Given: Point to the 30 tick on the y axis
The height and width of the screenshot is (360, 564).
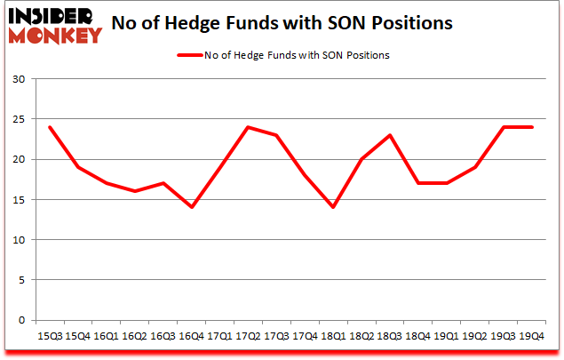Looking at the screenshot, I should pos(20,79).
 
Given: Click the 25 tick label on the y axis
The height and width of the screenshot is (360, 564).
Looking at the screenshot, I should pos(20,119).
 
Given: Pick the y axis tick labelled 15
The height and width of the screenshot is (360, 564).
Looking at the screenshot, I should pos(20,200).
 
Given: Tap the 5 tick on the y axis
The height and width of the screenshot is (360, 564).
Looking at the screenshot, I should pos(22,280).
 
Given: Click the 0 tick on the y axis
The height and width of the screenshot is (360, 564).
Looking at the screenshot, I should pos(22,320).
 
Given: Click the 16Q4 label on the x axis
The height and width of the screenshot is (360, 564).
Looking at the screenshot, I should pos(191,336).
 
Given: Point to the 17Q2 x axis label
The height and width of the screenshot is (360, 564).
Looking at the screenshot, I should pos(247,336).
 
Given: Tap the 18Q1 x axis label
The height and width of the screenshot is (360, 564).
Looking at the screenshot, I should pos(332,336).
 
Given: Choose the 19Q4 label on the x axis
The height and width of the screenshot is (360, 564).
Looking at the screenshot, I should pos(531,336).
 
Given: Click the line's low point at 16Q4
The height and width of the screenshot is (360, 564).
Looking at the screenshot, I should pos(191,207).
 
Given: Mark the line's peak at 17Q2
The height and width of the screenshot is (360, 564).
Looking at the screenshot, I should pos(247,127).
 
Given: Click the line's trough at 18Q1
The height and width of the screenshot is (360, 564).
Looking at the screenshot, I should pos(332,207).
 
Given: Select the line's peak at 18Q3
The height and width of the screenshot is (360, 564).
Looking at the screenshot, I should pos(389,135).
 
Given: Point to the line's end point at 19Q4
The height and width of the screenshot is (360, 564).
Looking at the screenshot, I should pos(531,127).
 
